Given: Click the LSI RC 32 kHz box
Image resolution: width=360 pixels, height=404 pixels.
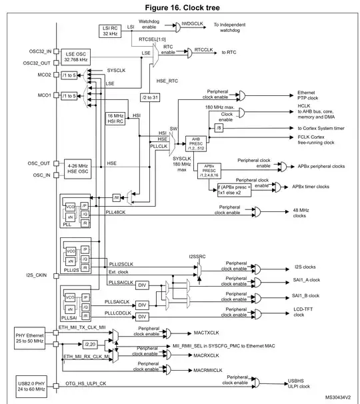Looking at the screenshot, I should tap(110, 29).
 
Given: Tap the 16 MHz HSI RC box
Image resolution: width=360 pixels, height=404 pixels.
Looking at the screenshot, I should tap(116, 119).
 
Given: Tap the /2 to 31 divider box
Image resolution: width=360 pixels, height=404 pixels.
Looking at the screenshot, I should tap(151, 97).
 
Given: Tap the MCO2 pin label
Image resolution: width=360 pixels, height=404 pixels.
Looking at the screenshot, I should tap(45, 75).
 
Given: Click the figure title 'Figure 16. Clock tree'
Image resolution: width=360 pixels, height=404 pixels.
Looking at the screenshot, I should tap(179, 7).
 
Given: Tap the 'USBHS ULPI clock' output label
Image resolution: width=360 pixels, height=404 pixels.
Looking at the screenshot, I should tap(301, 383).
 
